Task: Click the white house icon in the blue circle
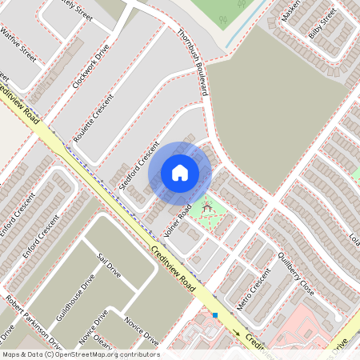pos(180,172)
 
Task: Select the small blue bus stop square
pos(215,315)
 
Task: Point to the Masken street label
pos(290,10)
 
